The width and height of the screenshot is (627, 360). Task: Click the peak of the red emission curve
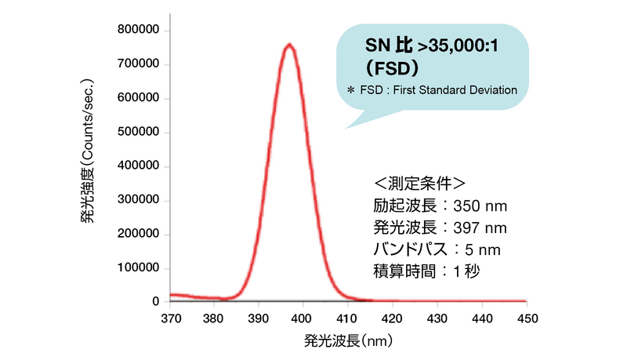289,45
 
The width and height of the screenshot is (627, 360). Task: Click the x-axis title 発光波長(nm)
348,343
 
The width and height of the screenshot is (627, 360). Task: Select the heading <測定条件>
419,184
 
